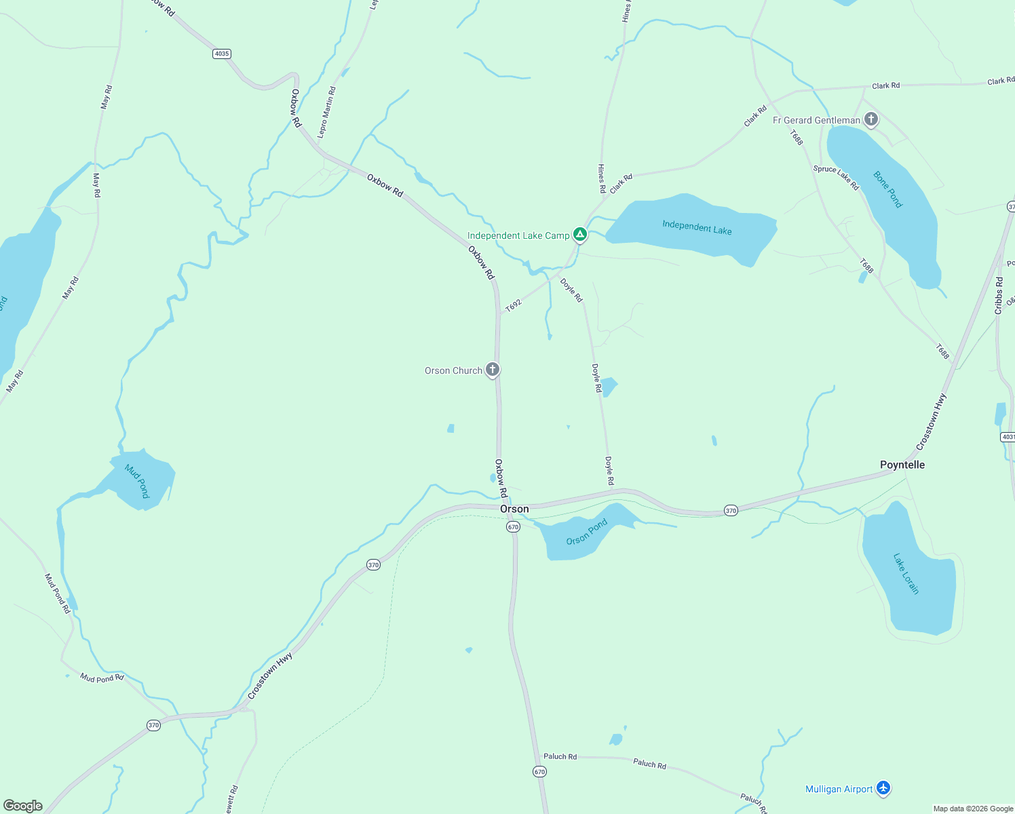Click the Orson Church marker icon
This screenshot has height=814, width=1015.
[x=493, y=370]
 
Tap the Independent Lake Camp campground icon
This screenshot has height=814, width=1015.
[x=579, y=235]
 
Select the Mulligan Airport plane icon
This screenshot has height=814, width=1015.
[x=883, y=788]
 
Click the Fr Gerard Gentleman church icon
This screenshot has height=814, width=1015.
[x=871, y=119]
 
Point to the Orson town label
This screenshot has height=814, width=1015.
[x=514, y=509]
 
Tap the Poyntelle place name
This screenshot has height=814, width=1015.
[x=902, y=465]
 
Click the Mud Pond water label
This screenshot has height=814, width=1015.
[x=137, y=481]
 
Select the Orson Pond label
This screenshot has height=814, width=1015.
[x=587, y=532]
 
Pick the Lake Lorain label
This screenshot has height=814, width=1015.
[x=906, y=574]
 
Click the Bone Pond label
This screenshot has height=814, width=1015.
[x=888, y=189]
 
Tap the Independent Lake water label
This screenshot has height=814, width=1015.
[x=697, y=227]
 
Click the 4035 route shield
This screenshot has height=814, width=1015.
[x=221, y=54]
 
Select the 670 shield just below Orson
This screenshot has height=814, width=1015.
[x=513, y=527]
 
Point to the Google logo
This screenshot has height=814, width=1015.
[x=23, y=806]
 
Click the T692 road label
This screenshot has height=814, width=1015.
[x=514, y=305]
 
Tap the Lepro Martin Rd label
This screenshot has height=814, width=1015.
[x=326, y=112]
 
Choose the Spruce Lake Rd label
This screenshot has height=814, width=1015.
[x=836, y=178]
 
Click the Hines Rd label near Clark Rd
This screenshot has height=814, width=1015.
[x=601, y=178]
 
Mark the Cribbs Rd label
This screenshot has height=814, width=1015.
[x=999, y=295]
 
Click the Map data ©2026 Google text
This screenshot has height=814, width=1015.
[x=973, y=809]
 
